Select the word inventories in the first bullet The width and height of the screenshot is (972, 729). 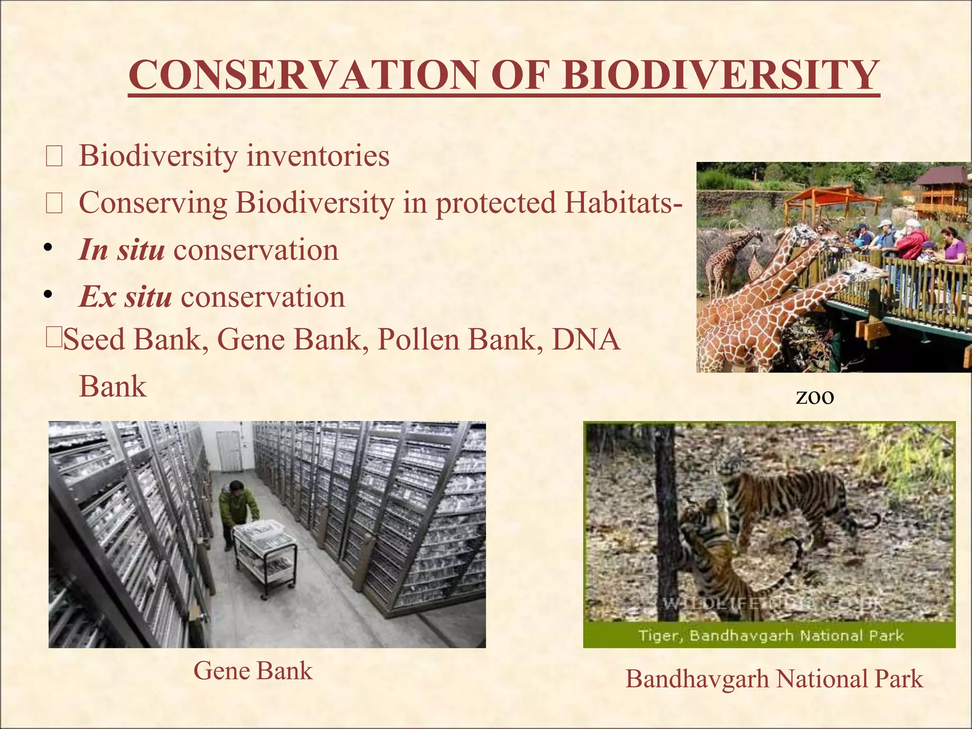click(x=318, y=156)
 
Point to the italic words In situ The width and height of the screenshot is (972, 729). click(x=122, y=250)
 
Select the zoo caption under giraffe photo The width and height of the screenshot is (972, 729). click(x=814, y=397)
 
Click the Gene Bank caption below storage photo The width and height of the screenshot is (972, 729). click(x=253, y=671)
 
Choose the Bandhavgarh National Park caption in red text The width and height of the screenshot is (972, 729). click(x=774, y=679)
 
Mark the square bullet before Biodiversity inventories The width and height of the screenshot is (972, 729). click(x=54, y=158)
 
